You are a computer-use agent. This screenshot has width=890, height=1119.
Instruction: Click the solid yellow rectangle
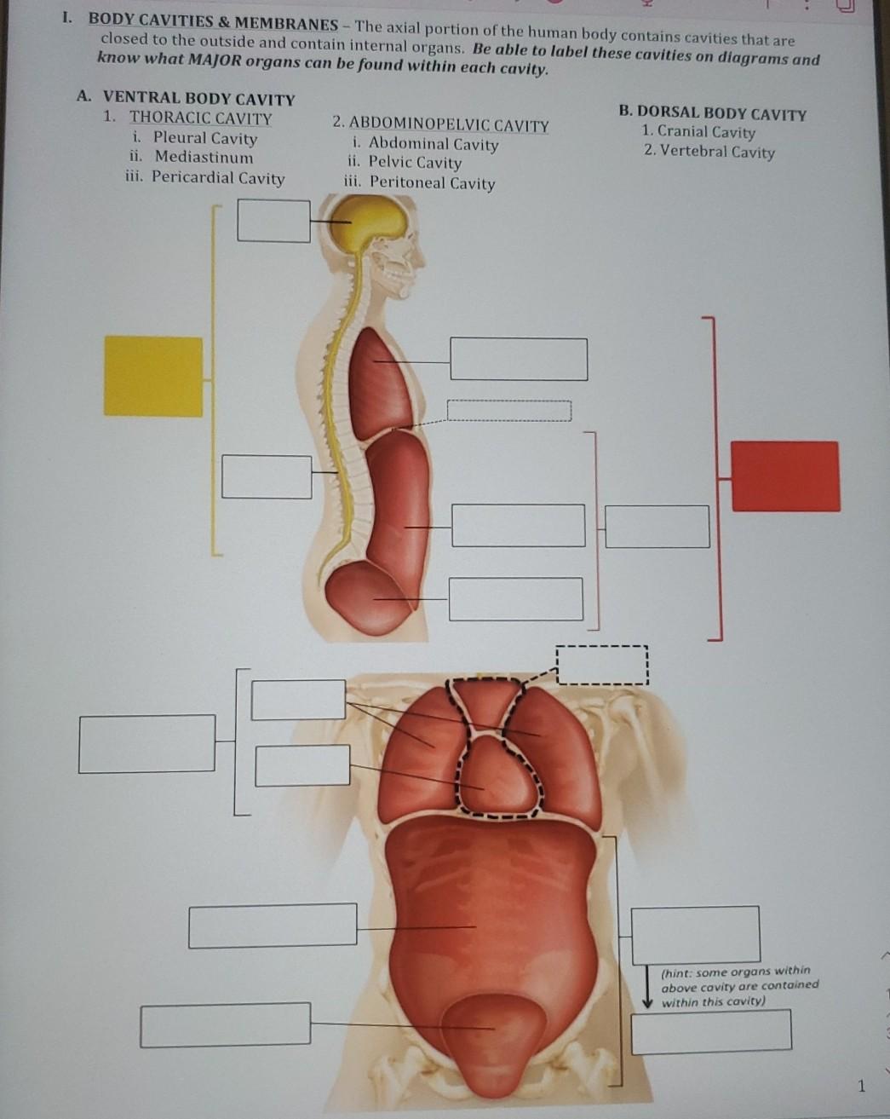click(x=153, y=376)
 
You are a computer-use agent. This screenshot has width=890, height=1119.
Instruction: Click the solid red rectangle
click(x=785, y=476)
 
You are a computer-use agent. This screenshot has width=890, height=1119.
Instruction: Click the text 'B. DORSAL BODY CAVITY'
click(x=712, y=113)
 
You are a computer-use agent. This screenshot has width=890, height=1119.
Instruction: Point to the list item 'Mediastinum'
click(x=204, y=157)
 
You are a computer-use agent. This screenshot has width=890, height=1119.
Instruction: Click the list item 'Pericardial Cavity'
click(x=217, y=177)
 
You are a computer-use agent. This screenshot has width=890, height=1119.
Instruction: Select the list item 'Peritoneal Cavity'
click(x=432, y=182)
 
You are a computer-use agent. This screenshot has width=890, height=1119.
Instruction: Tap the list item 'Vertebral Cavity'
click(x=717, y=152)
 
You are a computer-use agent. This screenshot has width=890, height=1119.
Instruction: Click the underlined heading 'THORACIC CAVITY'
click(x=201, y=118)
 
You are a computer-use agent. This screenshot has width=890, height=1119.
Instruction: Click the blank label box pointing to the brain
click(x=273, y=221)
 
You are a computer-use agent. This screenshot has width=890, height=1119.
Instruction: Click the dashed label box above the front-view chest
click(x=601, y=665)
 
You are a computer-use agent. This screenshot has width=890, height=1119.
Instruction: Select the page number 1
click(x=860, y=1086)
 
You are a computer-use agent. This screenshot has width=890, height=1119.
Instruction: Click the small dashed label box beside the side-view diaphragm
click(x=508, y=410)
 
